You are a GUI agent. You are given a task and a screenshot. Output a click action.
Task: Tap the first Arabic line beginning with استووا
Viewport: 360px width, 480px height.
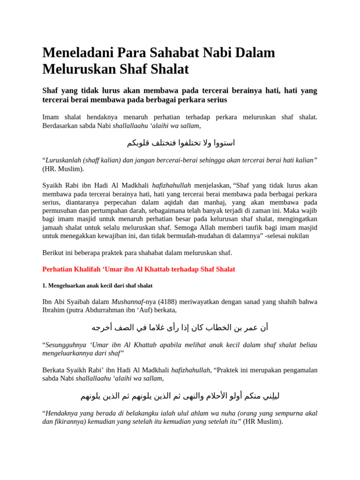click(x=180, y=142)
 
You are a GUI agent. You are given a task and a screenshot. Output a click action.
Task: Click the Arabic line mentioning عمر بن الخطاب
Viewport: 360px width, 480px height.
click(x=180, y=327)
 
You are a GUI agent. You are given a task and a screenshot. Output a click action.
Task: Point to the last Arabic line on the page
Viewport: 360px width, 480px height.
click(x=180, y=396)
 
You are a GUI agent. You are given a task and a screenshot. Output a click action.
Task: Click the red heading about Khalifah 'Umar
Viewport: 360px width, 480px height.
click(x=139, y=270)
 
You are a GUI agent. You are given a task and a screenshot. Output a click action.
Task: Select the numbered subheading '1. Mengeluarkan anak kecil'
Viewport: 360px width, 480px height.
click(x=97, y=285)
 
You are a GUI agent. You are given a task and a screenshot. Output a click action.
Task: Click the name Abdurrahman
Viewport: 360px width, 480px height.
click(x=118, y=310)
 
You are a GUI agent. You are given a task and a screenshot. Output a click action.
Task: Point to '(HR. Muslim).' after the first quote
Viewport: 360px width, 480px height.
click(x=63, y=169)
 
